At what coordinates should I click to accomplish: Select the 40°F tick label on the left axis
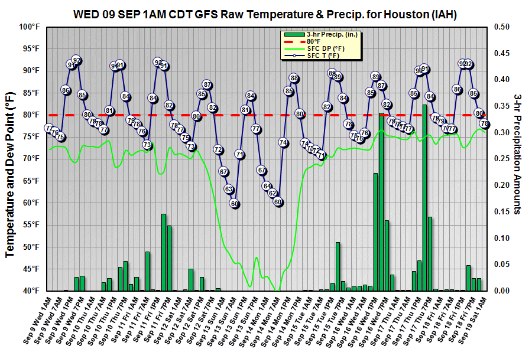tap(30, 291)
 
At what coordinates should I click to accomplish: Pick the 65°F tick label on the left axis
tap(30, 181)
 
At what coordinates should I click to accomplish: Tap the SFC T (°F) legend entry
tap(323, 56)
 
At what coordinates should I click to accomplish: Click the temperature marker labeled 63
tap(229, 189)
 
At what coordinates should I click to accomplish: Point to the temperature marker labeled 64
tap(267, 185)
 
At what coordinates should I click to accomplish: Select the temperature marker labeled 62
tap(273, 193)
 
